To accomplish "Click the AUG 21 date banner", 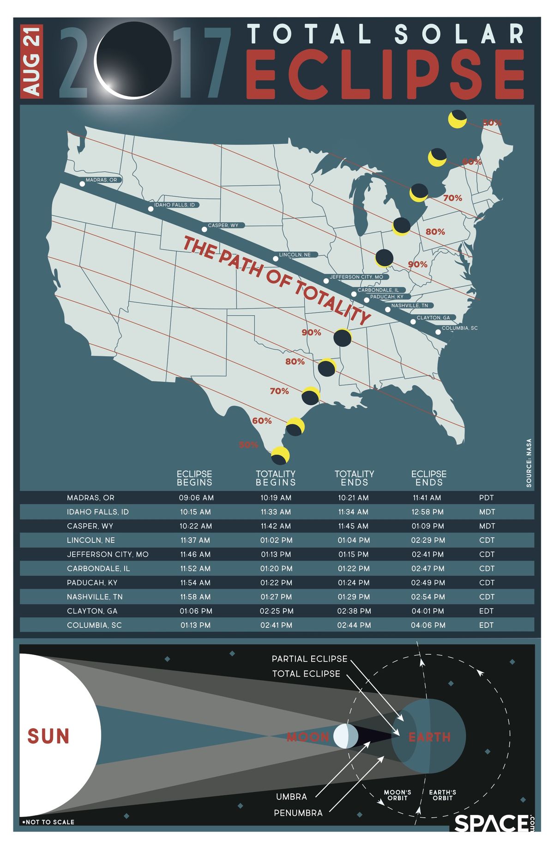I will (x=32, y=61).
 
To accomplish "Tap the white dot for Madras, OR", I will (x=82, y=184).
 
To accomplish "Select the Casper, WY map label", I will (x=223, y=225).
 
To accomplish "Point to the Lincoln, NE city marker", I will (x=276, y=259).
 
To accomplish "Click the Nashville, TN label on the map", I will (x=409, y=305).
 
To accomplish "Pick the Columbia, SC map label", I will (x=459, y=328).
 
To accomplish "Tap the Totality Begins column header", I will (x=276, y=478).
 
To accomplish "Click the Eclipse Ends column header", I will (x=429, y=478).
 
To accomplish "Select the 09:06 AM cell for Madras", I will (x=196, y=498).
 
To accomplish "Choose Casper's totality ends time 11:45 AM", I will (x=353, y=526).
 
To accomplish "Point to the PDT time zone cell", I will (x=487, y=498).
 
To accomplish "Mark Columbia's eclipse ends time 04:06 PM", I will (x=428, y=625).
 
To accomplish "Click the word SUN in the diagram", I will (x=48, y=736).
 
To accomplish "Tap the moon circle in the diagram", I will (x=345, y=736).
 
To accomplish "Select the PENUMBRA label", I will (x=298, y=813).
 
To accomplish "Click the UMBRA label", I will (x=291, y=796).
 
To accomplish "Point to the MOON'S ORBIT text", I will (x=397, y=795).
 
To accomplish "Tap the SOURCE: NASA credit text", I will (x=529, y=462).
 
